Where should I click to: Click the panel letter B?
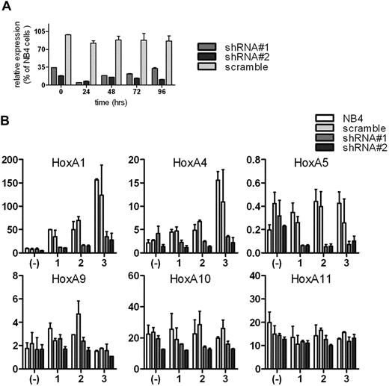6,118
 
